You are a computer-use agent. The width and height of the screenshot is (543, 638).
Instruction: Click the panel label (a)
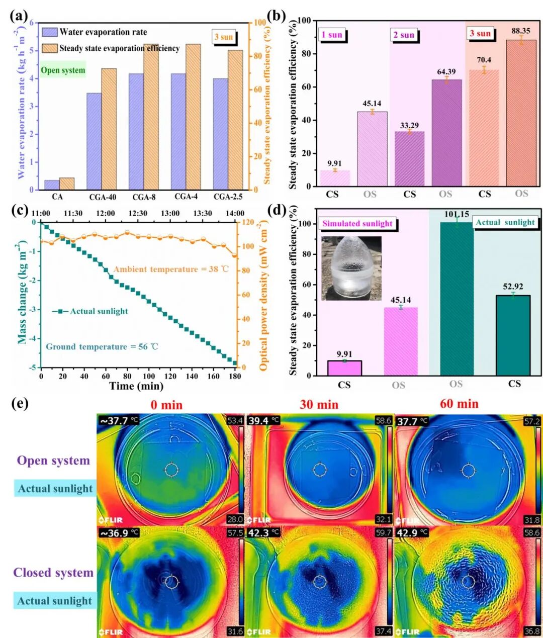[19, 16]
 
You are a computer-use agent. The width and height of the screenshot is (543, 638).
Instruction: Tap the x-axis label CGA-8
[144, 197]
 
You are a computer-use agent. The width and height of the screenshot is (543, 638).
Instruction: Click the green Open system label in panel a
[63, 70]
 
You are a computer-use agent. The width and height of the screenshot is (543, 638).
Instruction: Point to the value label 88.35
[521, 31]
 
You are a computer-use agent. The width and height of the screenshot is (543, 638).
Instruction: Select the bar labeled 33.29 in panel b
[409, 159]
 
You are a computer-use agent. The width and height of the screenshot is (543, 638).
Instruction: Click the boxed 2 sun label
[404, 35]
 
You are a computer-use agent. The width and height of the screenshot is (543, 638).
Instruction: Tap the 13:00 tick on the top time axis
[170, 213]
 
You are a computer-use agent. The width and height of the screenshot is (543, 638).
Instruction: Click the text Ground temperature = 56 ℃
[102, 346]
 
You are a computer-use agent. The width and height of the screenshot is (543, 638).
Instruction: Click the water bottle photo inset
[351, 268]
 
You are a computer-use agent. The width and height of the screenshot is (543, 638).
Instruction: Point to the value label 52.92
[513, 287]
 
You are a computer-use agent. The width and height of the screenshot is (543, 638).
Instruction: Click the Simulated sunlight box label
[357, 223]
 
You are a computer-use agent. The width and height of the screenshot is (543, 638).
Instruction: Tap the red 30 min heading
[319, 405]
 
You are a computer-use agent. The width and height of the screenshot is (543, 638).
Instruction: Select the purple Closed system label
[53, 573]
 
